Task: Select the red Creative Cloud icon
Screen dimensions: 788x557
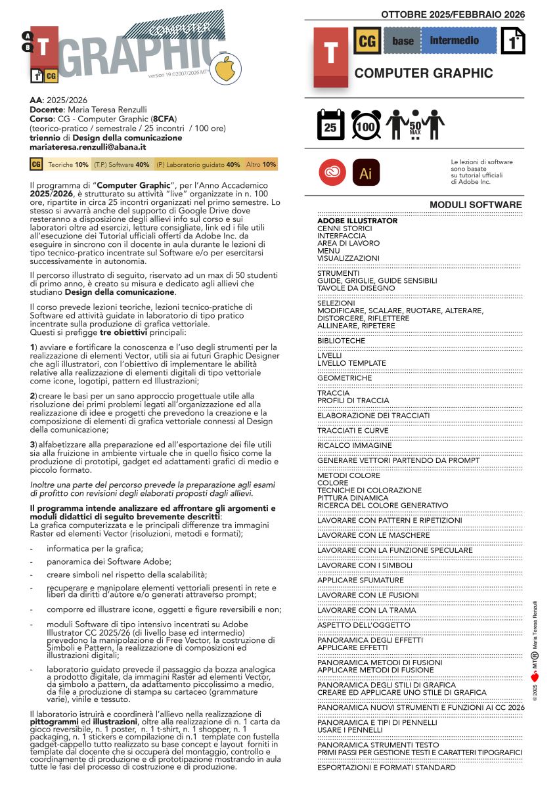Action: point(330,173)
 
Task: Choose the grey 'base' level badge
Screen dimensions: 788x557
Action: point(403,41)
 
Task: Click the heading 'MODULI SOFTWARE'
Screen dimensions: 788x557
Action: point(476,205)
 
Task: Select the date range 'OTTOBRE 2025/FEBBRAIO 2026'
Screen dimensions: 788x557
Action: point(453,14)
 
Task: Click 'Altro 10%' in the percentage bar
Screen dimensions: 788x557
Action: point(261,165)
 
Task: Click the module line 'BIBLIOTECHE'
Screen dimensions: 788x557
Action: point(341,341)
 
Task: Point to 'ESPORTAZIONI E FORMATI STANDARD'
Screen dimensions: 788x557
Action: point(386,767)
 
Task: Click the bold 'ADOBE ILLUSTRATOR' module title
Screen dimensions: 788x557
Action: point(357,221)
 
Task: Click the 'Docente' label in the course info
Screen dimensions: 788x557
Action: point(45,110)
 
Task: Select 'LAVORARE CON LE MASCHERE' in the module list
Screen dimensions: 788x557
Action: point(373,535)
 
